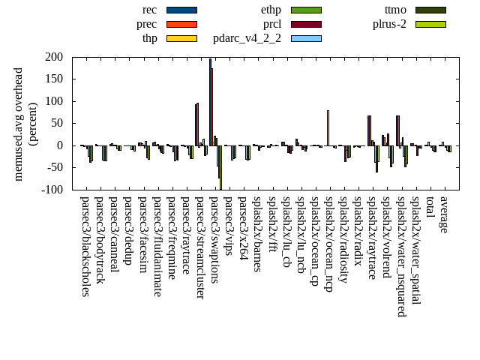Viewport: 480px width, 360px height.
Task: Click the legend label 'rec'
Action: tap(149, 10)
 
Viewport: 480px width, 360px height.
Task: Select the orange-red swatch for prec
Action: tap(181, 24)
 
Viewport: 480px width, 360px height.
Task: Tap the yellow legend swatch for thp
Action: tap(181, 38)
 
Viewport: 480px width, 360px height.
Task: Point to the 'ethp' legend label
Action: tap(271, 10)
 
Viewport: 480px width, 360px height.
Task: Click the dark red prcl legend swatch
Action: tap(306, 24)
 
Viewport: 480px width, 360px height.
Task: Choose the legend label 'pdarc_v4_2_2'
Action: tap(247, 38)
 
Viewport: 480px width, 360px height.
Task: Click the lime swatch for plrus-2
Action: tap(430, 24)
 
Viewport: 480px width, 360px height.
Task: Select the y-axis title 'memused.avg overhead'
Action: tap(19, 124)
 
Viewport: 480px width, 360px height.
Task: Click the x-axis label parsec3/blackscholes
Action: tap(85, 246)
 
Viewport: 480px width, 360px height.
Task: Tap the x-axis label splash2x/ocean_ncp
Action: tap(328, 244)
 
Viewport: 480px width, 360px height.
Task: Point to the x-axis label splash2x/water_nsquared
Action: tap(400, 256)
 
